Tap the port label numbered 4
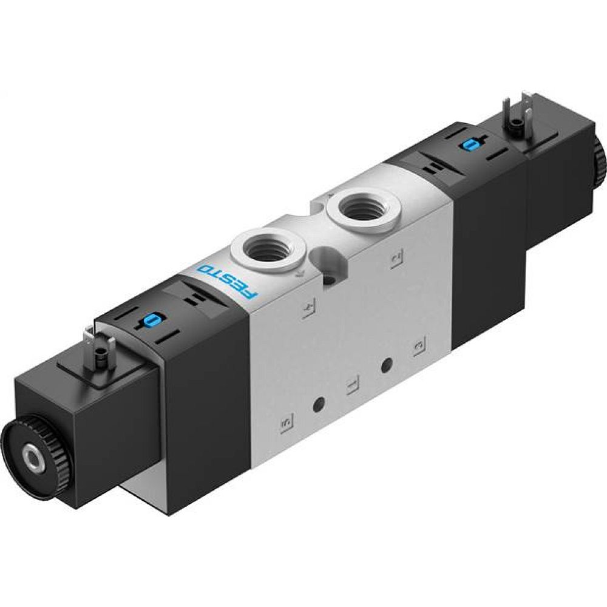point(308,310)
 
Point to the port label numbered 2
point(395,259)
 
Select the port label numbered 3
point(418,347)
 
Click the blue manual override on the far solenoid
point(470,144)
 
